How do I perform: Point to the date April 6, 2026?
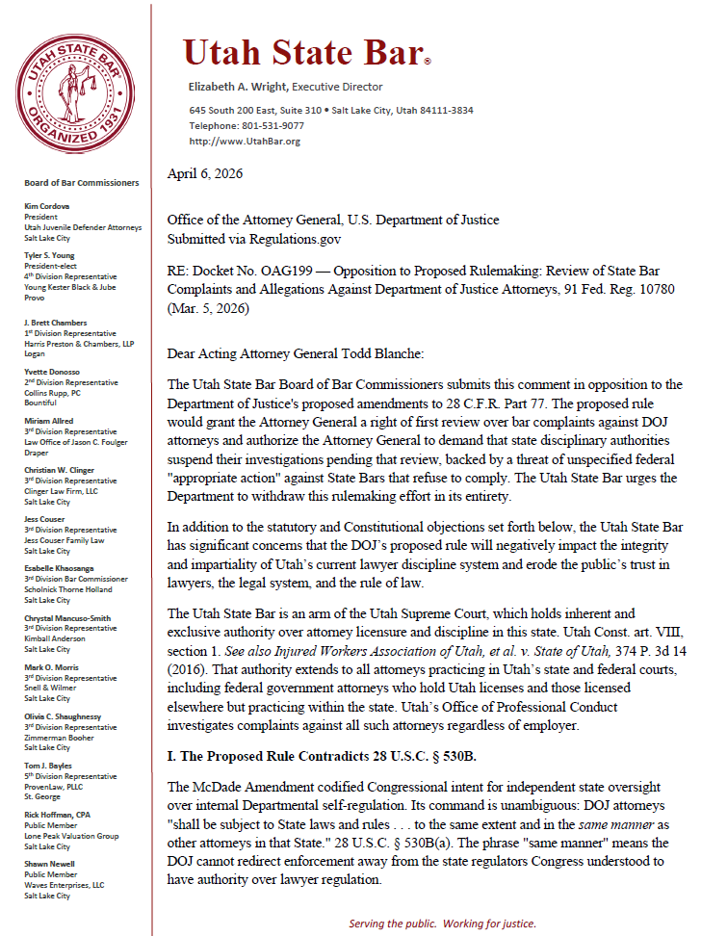[205, 174]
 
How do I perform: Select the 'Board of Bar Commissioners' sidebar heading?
[82, 183]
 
